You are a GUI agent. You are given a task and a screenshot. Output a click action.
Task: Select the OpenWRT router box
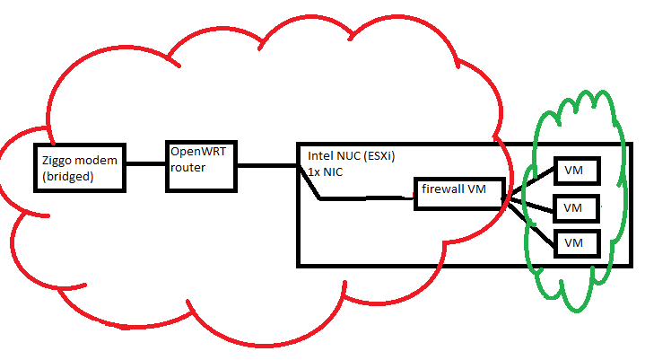coord(202,165)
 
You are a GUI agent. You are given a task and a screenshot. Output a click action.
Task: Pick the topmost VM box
coord(574,170)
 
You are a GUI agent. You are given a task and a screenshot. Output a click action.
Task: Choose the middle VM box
coord(574,207)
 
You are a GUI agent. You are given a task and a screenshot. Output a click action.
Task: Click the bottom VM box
coord(574,243)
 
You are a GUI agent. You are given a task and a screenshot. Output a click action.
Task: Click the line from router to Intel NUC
coord(267,165)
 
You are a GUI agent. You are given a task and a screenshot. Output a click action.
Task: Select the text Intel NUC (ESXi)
coord(352,154)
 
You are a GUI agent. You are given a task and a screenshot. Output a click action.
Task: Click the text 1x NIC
coord(326,171)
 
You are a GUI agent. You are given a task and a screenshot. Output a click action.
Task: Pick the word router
coord(188,168)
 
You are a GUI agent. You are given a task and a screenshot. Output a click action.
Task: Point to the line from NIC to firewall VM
coord(368,198)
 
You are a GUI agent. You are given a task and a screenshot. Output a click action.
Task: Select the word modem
coord(99,161)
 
